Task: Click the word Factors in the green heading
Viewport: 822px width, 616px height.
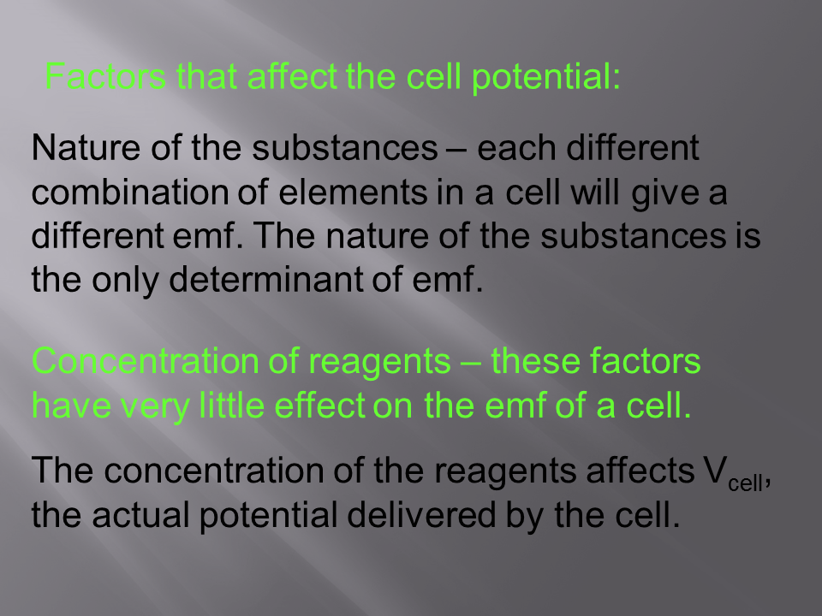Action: pyautogui.click(x=105, y=76)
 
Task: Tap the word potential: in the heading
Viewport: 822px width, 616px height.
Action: pyautogui.click(x=545, y=78)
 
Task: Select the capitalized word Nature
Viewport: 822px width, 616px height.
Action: pyautogui.click(x=86, y=147)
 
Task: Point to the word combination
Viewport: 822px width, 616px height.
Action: pyautogui.click(x=129, y=192)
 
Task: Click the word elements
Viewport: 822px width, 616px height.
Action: pyautogui.click(x=353, y=192)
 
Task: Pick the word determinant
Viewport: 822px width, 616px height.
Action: pyautogui.click(x=265, y=279)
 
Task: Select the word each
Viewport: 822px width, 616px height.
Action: pyautogui.click(x=516, y=147)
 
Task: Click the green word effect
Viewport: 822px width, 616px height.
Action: pyautogui.click(x=319, y=405)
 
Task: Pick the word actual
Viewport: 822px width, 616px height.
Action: pyautogui.click(x=140, y=514)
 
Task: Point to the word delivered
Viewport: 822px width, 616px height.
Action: pyautogui.click(x=421, y=514)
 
